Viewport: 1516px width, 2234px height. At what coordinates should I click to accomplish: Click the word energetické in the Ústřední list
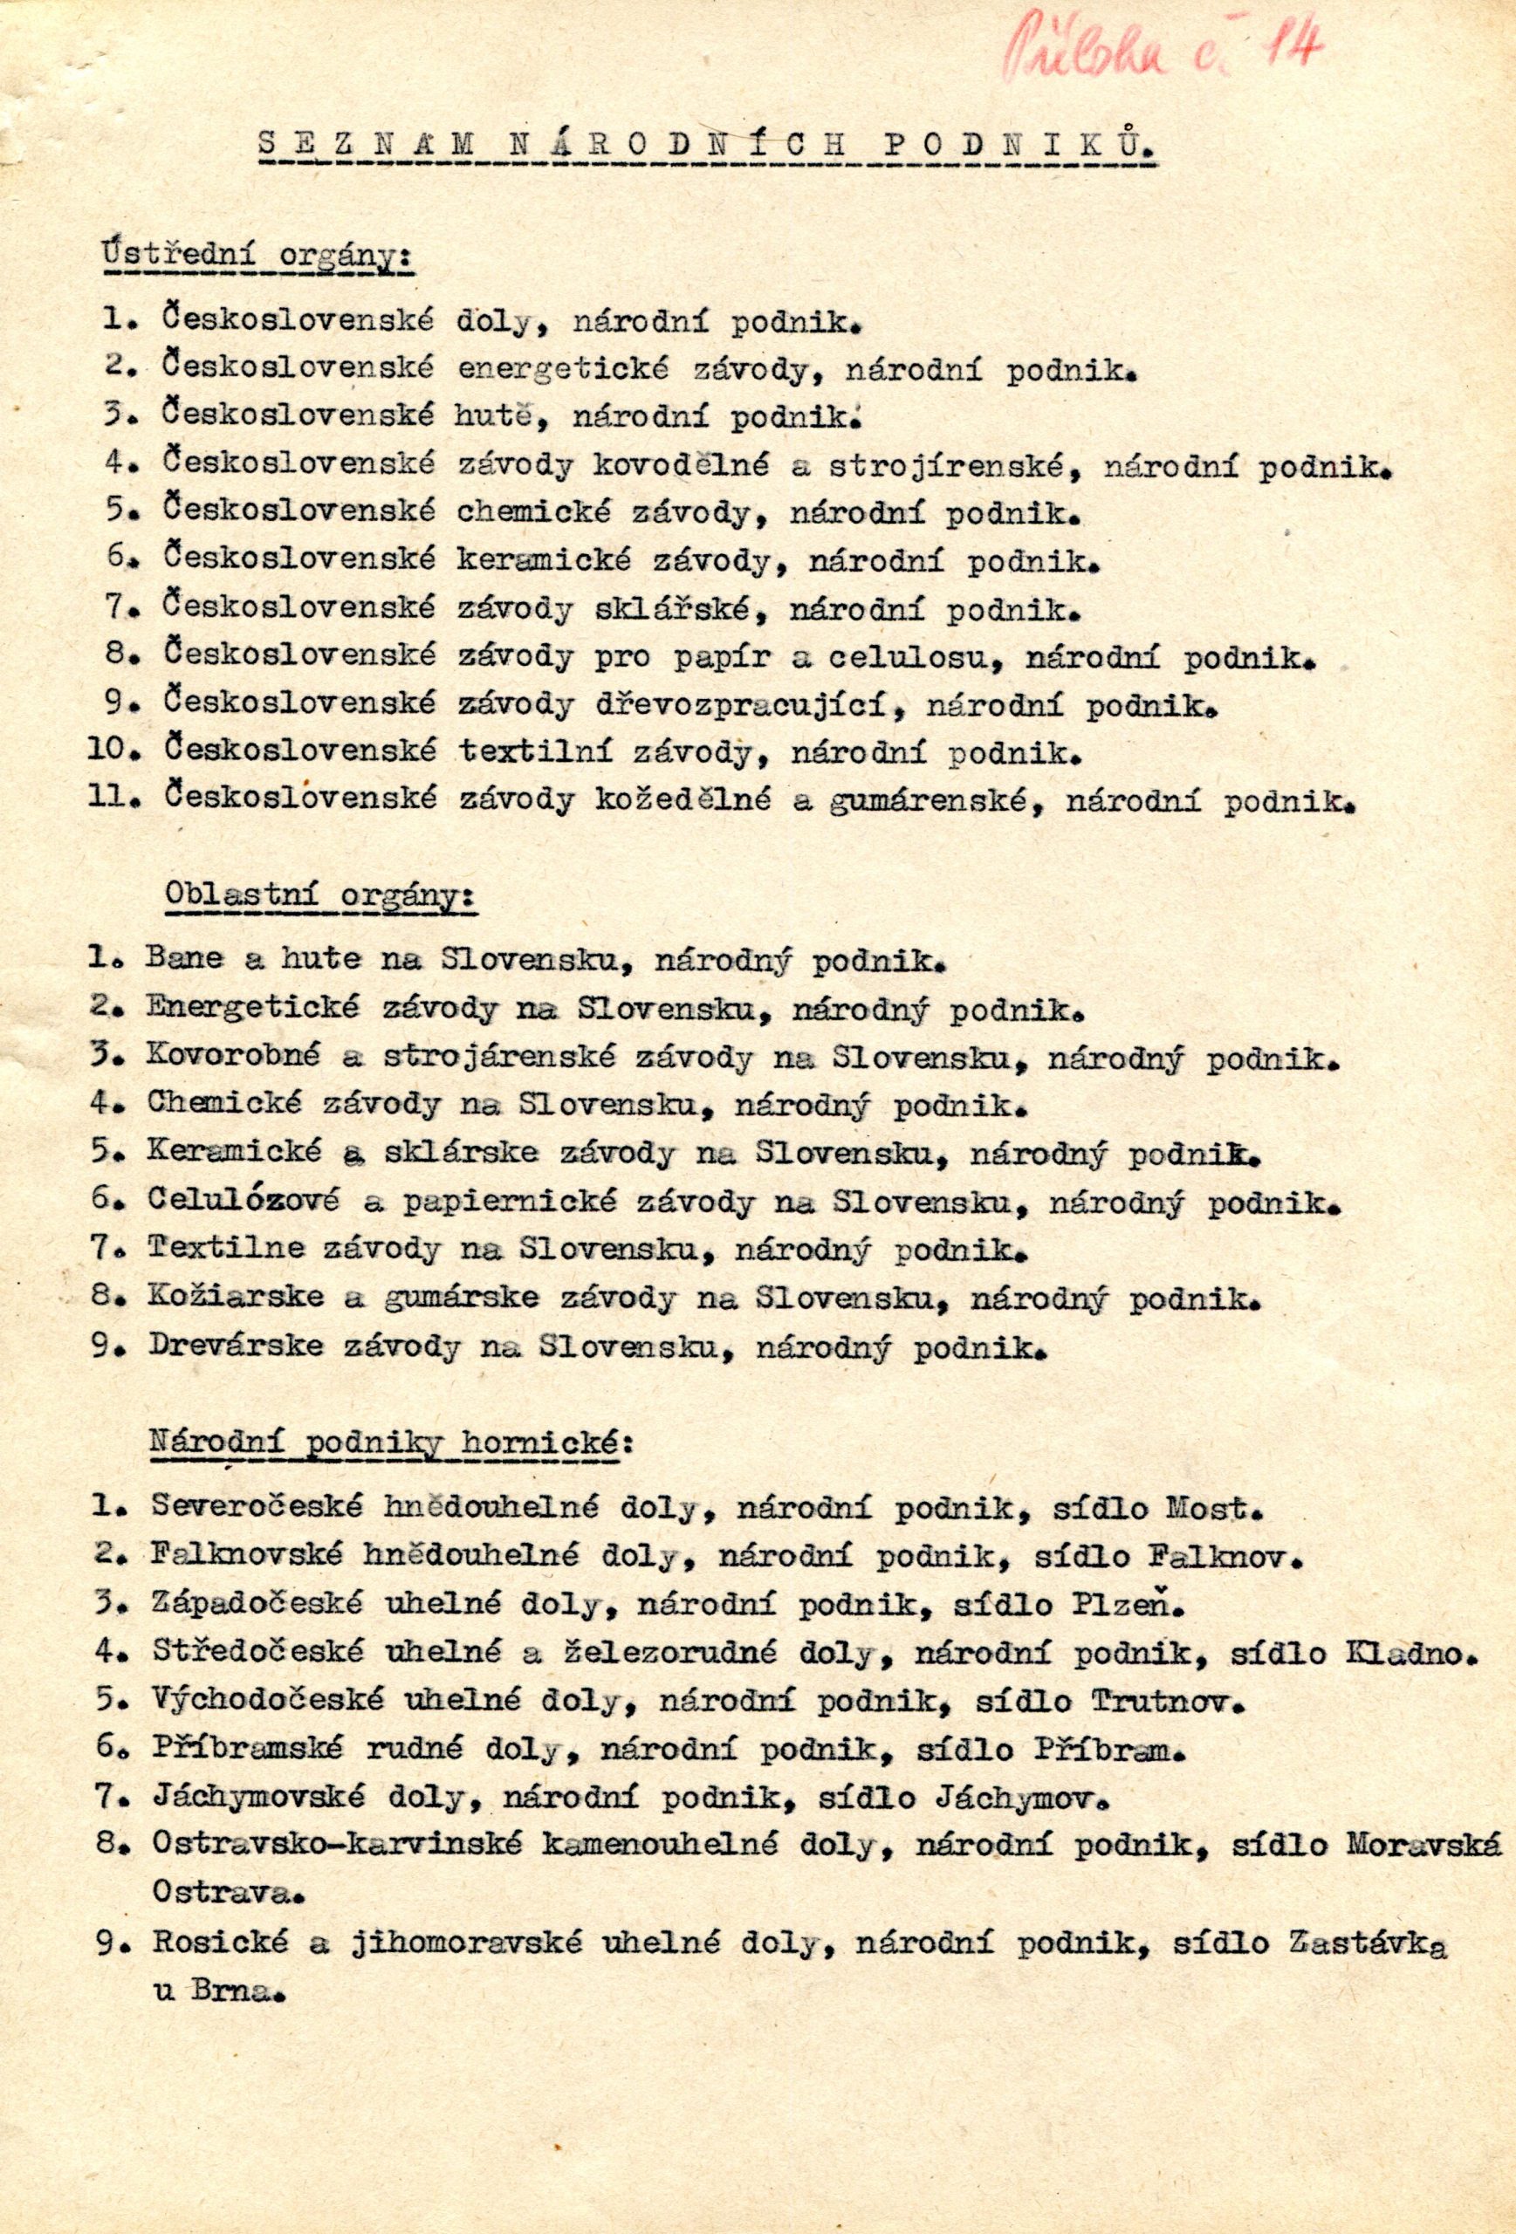tap(543, 368)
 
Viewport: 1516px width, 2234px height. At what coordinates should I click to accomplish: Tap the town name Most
tap(1211, 1507)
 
